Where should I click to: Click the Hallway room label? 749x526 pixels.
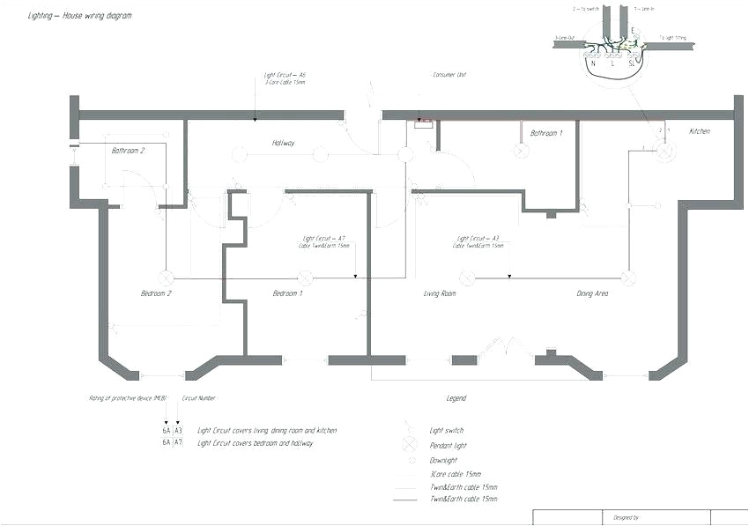tap(283, 143)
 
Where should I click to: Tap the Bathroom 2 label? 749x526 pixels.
tap(128, 151)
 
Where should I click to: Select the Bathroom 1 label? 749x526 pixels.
tap(545, 133)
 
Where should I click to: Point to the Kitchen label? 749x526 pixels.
tap(699, 131)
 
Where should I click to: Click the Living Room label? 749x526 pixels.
tap(439, 293)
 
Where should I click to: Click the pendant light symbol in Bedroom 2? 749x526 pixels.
tap(162, 277)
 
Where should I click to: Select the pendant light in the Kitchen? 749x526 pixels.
tap(665, 152)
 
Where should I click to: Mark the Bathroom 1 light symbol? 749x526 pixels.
tap(521, 152)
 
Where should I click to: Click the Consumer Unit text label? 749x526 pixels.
tap(449, 76)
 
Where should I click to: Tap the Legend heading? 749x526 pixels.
tap(456, 399)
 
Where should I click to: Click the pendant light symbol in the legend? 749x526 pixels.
tap(409, 444)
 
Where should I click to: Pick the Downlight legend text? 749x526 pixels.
tap(444, 461)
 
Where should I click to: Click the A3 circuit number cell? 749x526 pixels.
tap(178, 431)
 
